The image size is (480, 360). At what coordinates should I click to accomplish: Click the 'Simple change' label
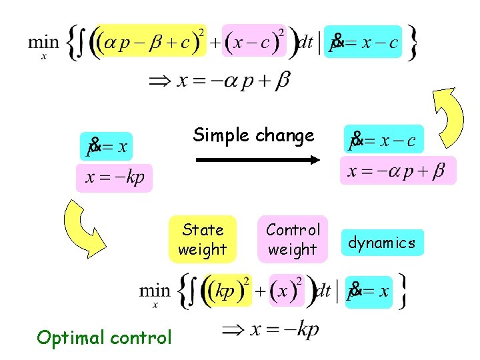coord(253,135)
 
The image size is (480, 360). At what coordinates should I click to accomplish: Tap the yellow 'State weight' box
coord(203,240)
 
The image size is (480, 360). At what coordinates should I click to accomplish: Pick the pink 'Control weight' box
coord(293,239)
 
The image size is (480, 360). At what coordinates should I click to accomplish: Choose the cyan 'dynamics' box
coord(381,243)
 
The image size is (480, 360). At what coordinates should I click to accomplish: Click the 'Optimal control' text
coord(105,337)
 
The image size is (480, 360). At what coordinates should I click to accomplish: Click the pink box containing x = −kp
coord(114,178)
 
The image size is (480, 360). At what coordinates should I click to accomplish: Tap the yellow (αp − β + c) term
coord(151,42)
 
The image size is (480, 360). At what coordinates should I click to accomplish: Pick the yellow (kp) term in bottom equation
coord(227,291)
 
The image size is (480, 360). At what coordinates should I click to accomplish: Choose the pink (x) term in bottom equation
coord(287,291)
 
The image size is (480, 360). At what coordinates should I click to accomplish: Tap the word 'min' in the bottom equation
coord(155,291)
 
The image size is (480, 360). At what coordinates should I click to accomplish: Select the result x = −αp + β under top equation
coord(220,81)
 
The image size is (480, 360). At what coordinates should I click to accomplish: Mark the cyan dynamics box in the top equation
coord(363,42)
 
